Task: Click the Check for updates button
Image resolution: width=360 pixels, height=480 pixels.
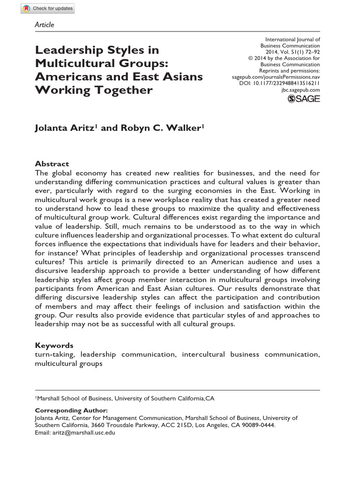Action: click(x=47, y=8)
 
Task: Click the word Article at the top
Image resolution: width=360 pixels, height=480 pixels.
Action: click(x=45, y=24)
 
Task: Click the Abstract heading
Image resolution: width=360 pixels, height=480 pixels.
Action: click(x=52, y=164)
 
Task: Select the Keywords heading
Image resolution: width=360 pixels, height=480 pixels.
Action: click(x=54, y=345)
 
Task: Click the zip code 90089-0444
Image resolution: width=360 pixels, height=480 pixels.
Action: click(x=258, y=425)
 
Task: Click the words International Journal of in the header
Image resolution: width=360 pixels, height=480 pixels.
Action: click(x=292, y=40)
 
